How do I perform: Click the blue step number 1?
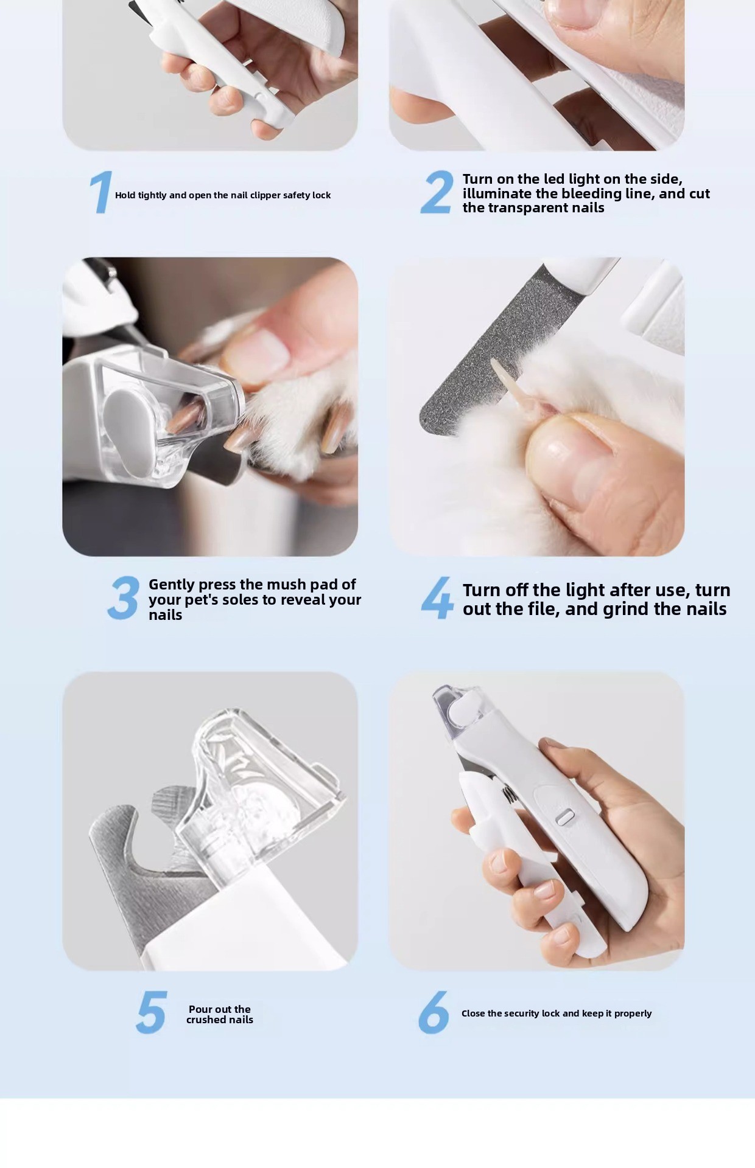[101, 192]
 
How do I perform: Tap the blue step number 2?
[437, 192]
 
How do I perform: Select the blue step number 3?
[124, 598]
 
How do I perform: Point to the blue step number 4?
[437, 598]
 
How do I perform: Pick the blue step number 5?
[151, 1012]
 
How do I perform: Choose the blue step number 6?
[434, 1012]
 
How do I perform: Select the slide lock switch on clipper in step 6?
[566, 817]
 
